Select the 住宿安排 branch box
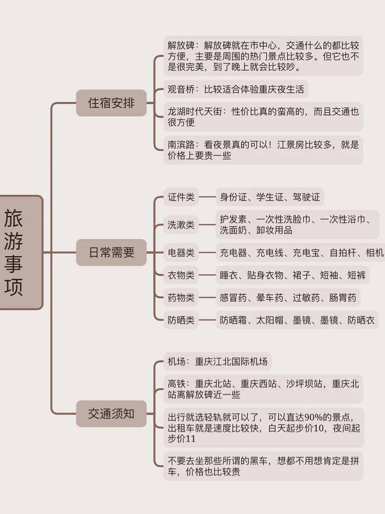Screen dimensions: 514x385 click(x=111, y=103)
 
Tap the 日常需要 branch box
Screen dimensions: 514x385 click(x=111, y=253)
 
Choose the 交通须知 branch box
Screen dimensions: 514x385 click(x=111, y=414)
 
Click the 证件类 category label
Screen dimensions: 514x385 click(x=181, y=197)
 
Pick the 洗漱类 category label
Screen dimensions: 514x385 click(x=181, y=225)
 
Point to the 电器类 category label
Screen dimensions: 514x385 click(x=181, y=253)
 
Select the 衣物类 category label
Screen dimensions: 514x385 click(x=181, y=275)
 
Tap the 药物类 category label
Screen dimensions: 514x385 click(x=181, y=298)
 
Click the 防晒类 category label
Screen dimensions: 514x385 click(x=181, y=320)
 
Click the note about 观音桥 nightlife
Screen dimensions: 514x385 click(x=236, y=89)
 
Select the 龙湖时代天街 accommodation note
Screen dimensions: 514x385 click(x=263, y=117)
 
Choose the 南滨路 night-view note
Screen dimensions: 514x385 click(x=263, y=150)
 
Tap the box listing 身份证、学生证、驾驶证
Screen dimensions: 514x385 click(x=270, y=197)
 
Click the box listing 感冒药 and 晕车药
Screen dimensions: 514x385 click(x=288, y=298)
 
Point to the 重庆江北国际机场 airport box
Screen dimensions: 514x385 click(x=218, y=361)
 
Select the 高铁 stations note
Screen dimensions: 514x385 click(x=263, y=389)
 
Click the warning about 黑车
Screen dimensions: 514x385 click(x=263, y=466)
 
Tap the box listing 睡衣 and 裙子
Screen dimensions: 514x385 click(x=293, y=275)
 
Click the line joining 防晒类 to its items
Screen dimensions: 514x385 click(x=207, y=320)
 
